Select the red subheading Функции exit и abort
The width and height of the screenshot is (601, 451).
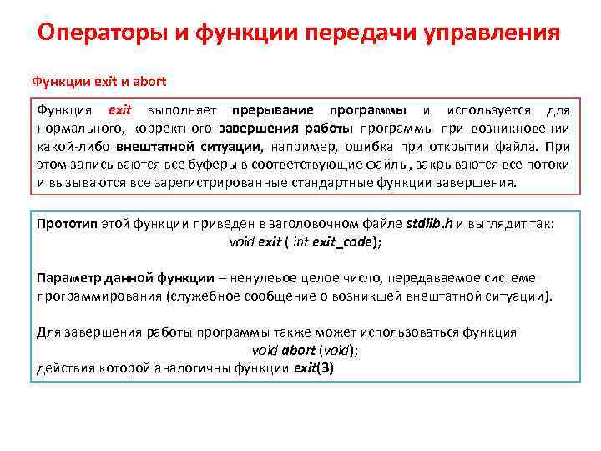[98, 82]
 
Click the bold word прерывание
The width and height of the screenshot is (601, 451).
[273, 111]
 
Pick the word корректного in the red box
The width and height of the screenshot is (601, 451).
[170, 129]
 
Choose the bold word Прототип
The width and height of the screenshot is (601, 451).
[68, 225]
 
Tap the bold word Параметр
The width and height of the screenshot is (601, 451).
[68, 278]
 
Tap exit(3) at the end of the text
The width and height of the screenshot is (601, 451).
[313, 368]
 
